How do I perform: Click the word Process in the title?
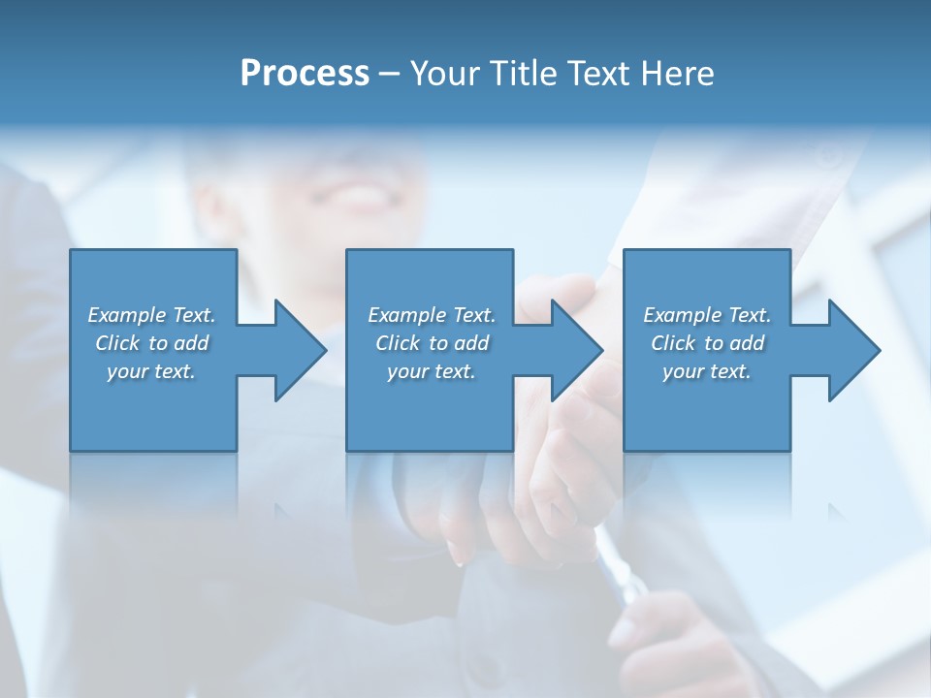pyautogui.click(x=305, y=74)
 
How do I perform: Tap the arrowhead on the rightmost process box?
pyautogui.click(x=852, y=350)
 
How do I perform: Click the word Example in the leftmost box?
pyautogui.click(x=127, y=315)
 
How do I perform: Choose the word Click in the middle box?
pyautogui.click(x=399, y=343)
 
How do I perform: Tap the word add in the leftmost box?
pyautogui.click(x=192, y=343)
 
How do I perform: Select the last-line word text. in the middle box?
pyautogui.click(x=453, y=371)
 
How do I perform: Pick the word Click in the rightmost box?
pyautogui.click(x=674, y=343)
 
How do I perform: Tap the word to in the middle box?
pyautogui.click(x=438, y=343)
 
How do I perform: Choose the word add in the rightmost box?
pyautogui.click(x=748, y=343)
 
